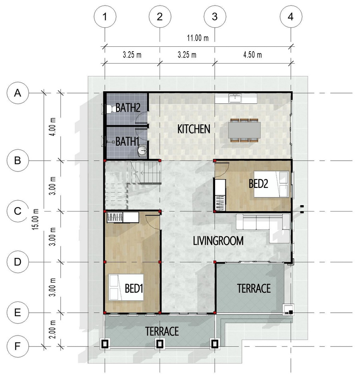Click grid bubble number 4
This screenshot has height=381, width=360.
click(x=291, y=17)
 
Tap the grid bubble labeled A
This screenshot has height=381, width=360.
click(x=18, y=93)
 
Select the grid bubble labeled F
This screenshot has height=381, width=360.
click(x=18, y=346)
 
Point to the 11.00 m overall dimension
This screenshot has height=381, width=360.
click(x=198, y=38)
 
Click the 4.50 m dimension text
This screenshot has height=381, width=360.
click(x=252, y=55)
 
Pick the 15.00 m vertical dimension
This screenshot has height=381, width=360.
click(x=36, y=219)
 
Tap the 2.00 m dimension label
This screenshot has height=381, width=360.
click(x=52, y=329)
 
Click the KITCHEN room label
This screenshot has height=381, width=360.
click(x=194, y=129)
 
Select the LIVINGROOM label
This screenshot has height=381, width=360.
click(x=218, y=241)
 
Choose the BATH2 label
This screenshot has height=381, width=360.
click(x=128, y=108)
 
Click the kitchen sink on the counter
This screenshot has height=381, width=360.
click(x=235, y=99)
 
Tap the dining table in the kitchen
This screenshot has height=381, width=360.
click(x=244, y=130)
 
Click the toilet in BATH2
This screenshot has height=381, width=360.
click(x=111, y=109)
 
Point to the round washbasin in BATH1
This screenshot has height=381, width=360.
click(x=142, y=150)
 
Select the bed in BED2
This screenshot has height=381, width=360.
click(x=271, y=184)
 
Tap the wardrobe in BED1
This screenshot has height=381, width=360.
click(x=123, y=217)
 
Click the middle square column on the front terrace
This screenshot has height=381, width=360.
click(x=160, y=344)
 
